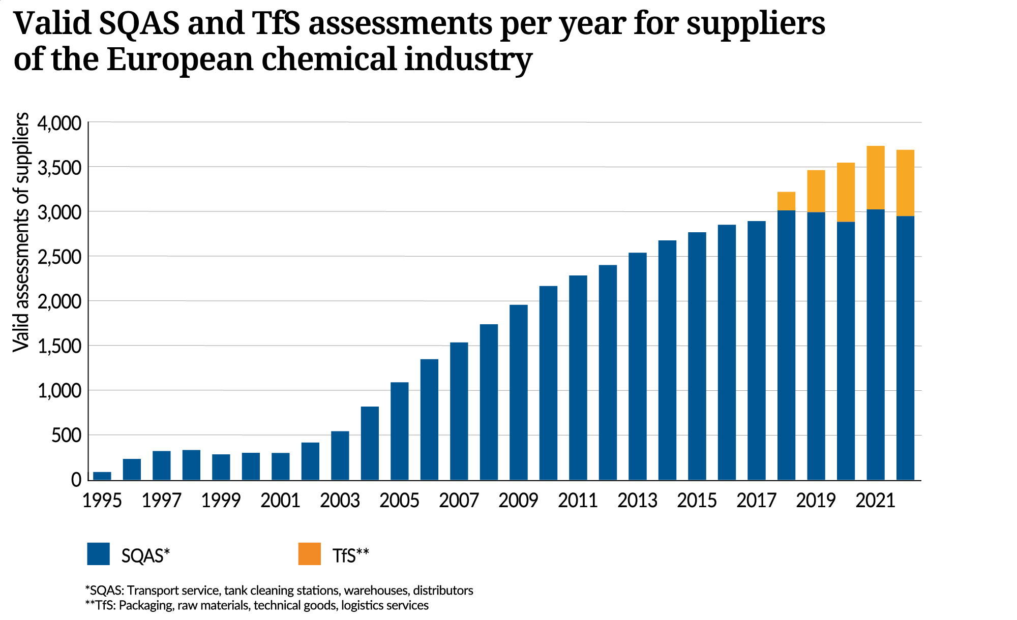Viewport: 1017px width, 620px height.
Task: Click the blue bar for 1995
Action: coord(102,476)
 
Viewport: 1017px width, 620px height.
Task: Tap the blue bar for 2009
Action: coord(518,392)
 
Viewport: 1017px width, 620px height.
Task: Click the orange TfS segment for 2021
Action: coord(875,177)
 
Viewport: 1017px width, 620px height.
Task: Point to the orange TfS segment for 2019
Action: coord(816,191)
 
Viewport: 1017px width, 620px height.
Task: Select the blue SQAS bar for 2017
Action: coord(756,351)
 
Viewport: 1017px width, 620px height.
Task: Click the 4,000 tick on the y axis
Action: coord(59,123)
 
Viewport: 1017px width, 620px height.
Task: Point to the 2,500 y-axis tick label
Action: coord(59,257)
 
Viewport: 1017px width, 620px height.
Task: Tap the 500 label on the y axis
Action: coord(66,436)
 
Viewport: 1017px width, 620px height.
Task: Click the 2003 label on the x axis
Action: coord(340,501)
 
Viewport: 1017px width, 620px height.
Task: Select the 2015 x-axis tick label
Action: coord(697,501)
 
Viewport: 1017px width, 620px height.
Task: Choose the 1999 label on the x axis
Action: coord(221,501)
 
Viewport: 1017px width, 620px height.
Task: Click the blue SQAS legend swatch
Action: coord(98,554)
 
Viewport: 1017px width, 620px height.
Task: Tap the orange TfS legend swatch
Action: coord(309,554)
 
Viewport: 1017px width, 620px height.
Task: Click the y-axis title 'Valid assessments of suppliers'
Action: coord(21,232)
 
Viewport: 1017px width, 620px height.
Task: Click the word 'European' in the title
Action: coord(180,59)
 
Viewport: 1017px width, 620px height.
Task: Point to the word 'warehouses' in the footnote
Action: coord(376,591)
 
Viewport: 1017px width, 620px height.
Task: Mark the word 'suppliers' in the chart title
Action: coord(756,24)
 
